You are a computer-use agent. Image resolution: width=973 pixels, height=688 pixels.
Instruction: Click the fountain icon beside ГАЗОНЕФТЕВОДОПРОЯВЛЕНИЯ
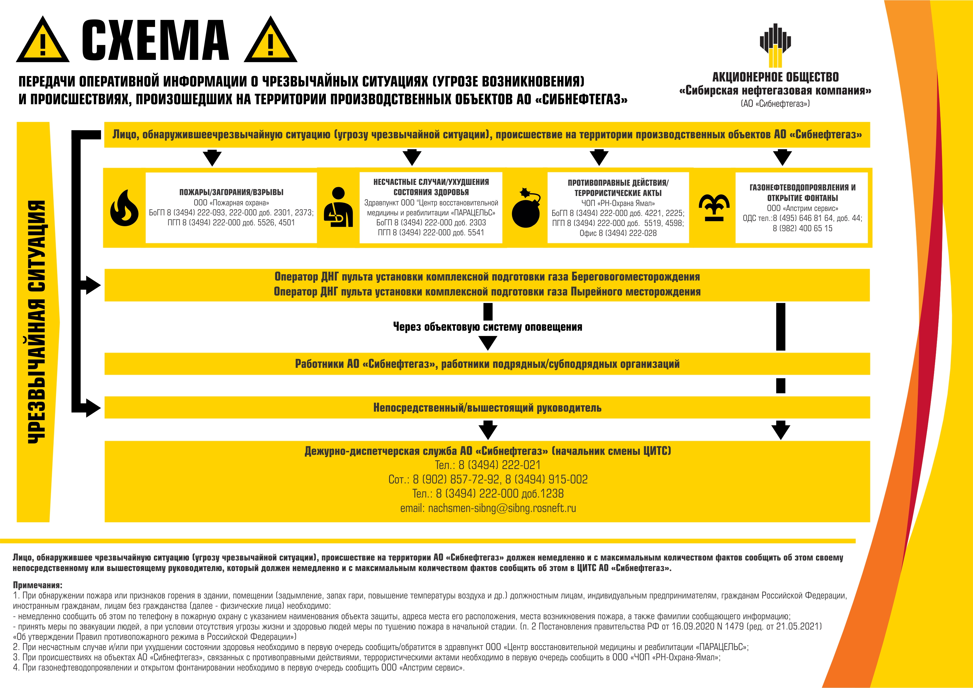(714, 208)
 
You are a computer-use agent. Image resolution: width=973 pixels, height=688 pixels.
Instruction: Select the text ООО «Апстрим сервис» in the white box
(802, 208)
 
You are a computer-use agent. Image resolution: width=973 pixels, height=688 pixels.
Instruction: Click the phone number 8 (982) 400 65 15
(802, 228)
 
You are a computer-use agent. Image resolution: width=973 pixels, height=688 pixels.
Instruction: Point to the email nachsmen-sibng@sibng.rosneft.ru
(488, 508)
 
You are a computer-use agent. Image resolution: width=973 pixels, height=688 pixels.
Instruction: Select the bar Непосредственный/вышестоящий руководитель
(487, 407)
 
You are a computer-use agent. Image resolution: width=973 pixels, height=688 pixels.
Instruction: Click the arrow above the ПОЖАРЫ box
(212, 158)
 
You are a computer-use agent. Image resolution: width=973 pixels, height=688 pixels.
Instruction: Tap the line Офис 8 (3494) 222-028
(618, 233)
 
